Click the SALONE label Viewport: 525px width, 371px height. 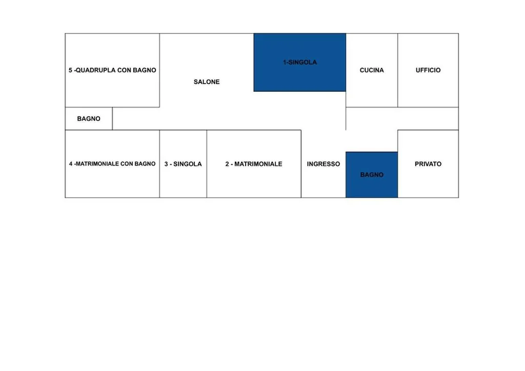click(x=207, y=82)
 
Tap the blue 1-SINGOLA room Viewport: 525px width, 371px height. click(x=299, y=62)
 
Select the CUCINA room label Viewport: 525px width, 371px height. click(x=372, y=70)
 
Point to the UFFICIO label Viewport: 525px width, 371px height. click(x=428, y=70)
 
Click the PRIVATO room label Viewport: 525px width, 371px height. click(x=428, y=164)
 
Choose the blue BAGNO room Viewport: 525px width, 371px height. click(x=372, y=175)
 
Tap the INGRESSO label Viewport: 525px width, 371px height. click(x=324, y=164)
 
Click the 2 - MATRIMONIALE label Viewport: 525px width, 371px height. click(x=254, y=164)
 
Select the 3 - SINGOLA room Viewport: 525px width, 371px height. click(x=183, y=164)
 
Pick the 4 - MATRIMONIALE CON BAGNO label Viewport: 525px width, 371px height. click(x=112, y=164)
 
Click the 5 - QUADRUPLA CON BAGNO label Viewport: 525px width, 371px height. click(x=112, y=70)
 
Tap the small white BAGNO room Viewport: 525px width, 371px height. click(x=89, y=119)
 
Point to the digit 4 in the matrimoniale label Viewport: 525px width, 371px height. click(x=71, y=164)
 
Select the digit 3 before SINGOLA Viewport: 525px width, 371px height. click(x=166, y=164)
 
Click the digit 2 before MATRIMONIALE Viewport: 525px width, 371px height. click(x=227, y=164)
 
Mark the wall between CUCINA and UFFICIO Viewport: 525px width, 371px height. click(x=398, y=70)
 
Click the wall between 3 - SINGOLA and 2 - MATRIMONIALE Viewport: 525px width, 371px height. click(x=207, y=164)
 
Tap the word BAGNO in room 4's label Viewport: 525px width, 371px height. click(x=145, y=164)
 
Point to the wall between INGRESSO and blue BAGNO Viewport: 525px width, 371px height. click(x=346, y=175)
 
